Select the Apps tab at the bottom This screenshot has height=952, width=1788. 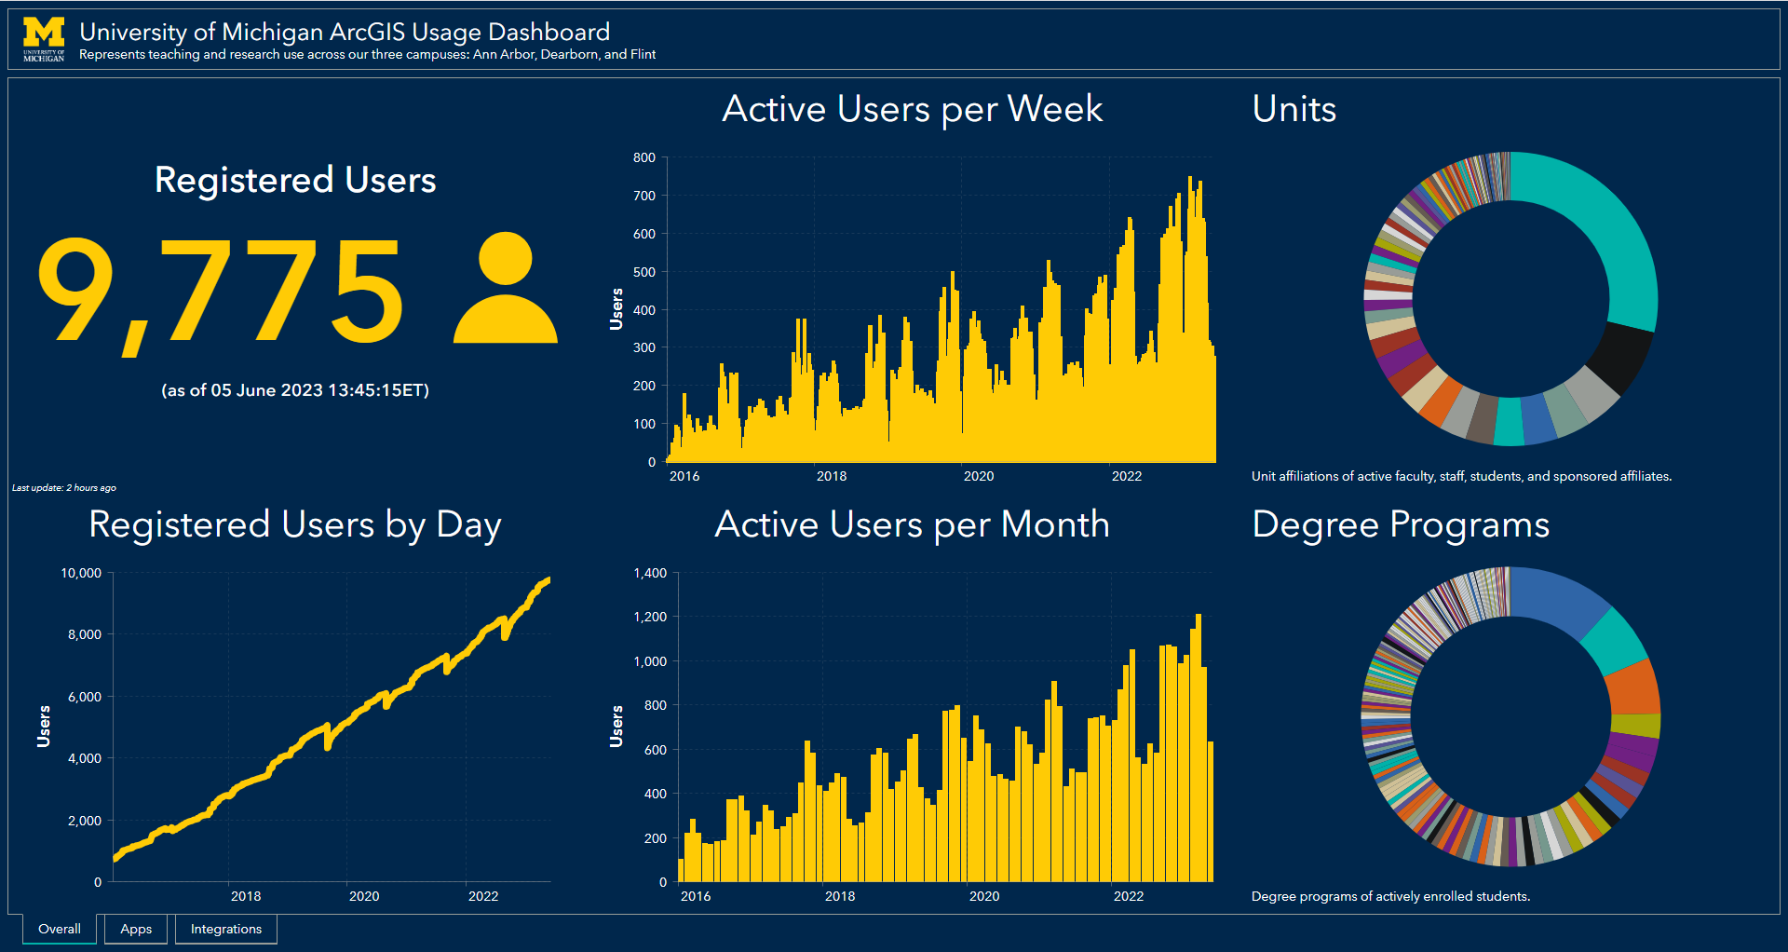click(136, 929)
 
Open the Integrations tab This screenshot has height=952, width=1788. click(226, 929)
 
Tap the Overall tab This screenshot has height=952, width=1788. click(60, 929)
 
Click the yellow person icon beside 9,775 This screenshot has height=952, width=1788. click(505, 289)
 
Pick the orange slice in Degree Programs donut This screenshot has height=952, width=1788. click(1633, 688)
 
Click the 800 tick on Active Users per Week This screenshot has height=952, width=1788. click(644, 157)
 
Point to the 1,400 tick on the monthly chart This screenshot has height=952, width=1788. click(650, 573)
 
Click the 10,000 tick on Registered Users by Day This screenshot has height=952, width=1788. click(81, 573)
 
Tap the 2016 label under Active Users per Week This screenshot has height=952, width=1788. click(684, 476)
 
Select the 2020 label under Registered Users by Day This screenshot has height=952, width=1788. click(364, 896)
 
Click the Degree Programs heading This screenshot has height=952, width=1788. click(1400, 524)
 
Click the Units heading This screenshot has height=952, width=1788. click(1294, 109)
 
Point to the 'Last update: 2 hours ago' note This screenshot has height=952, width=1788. click(64, 488)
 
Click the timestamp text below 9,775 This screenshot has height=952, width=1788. click(295, 390)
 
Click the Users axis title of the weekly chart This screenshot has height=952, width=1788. click(616, 309)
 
